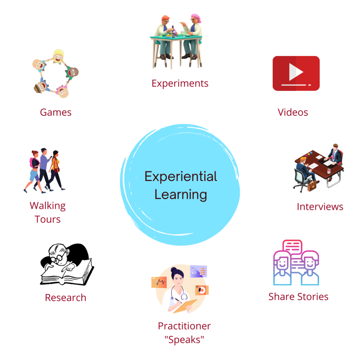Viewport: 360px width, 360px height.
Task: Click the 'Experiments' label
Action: coord(180,84)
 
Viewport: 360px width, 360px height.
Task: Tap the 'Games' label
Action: coord(56,112)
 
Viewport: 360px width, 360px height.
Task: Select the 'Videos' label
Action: coord(293,112)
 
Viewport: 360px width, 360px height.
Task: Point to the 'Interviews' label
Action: coord(320,207)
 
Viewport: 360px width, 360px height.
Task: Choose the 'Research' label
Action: coord(65,298)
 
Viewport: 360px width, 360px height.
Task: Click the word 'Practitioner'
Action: coord(185,326)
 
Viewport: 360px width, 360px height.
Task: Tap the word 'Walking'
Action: coord(47,206)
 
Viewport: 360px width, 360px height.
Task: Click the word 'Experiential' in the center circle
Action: coord(181,176)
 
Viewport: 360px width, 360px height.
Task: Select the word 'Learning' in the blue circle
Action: coord(181,194)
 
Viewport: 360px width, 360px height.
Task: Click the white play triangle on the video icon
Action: coord(296,73)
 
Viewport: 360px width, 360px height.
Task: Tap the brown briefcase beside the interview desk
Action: coord(313,186)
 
